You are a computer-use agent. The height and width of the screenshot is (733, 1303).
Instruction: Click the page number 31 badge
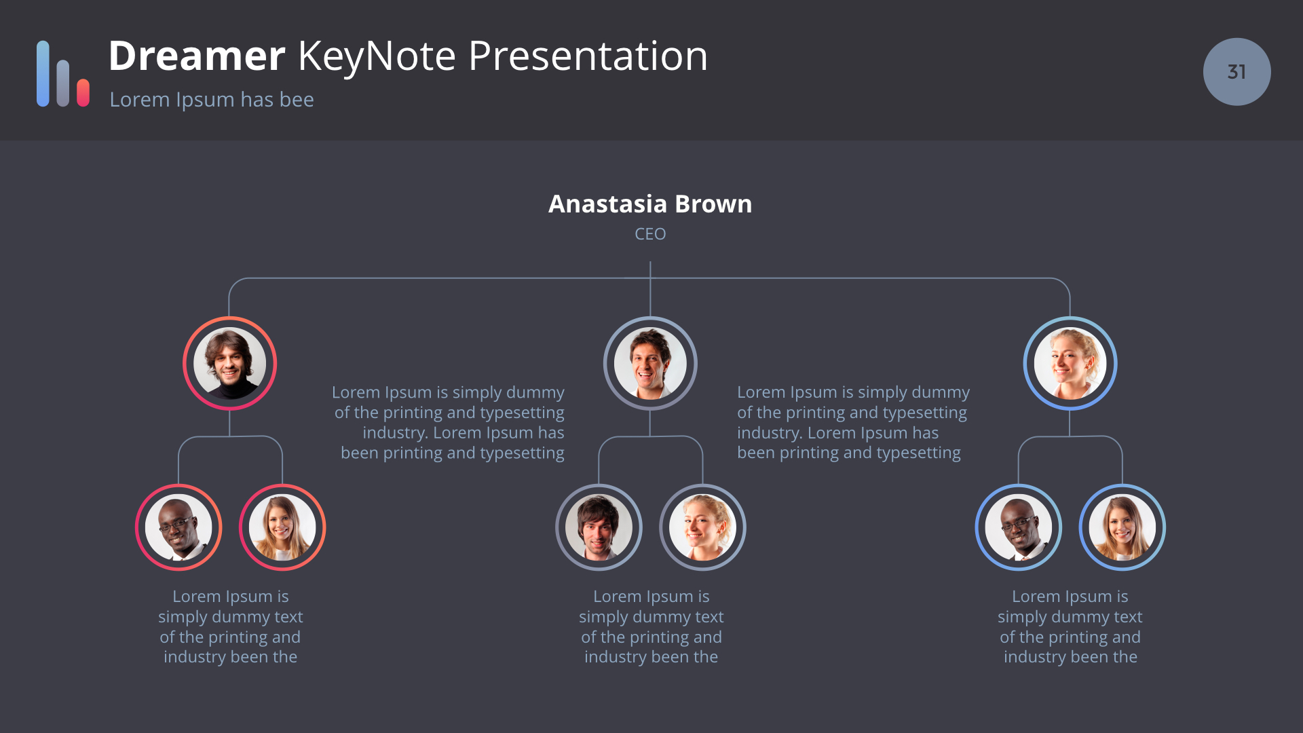click(1236, 72)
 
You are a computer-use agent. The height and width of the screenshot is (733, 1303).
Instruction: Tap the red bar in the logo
click(83, 93)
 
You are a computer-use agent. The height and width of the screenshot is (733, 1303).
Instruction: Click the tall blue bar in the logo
click(43, 73)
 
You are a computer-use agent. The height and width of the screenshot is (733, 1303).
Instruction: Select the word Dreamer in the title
click(197, 56)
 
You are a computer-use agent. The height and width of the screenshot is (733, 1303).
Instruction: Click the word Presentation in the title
click(588, 56)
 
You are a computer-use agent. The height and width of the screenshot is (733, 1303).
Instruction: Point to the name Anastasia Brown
click(650, 204)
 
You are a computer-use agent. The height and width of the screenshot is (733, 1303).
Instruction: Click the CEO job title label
click(650, 233)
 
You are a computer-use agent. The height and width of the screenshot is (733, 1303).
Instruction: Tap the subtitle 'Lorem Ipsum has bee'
click(212, 100)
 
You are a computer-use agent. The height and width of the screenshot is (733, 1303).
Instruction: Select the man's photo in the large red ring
click(229, 363)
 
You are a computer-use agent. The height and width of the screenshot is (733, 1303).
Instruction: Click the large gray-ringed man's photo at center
click(650, 363)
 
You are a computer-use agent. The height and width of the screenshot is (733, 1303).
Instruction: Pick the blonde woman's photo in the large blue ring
click(1070, 363)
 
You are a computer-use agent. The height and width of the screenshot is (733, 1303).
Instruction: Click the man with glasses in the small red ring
click(178, 527)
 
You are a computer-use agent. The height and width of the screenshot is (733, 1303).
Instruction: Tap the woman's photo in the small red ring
click(282, 527)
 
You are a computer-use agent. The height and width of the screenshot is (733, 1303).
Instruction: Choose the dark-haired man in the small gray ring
click(599, 527)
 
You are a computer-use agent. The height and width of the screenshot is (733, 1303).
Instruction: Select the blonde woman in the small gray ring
click(702, 527)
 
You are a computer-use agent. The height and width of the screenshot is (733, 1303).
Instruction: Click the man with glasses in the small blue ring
click(1019, 527)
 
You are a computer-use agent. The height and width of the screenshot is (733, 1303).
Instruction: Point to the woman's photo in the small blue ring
click(1122, 527)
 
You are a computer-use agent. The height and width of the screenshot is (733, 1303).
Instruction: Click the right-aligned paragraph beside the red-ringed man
click(449, 422)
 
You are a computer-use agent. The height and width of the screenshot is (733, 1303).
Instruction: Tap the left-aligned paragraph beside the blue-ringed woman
click(853, 422)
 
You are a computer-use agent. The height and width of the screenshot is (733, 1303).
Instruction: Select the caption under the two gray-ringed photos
click(651, 626)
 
